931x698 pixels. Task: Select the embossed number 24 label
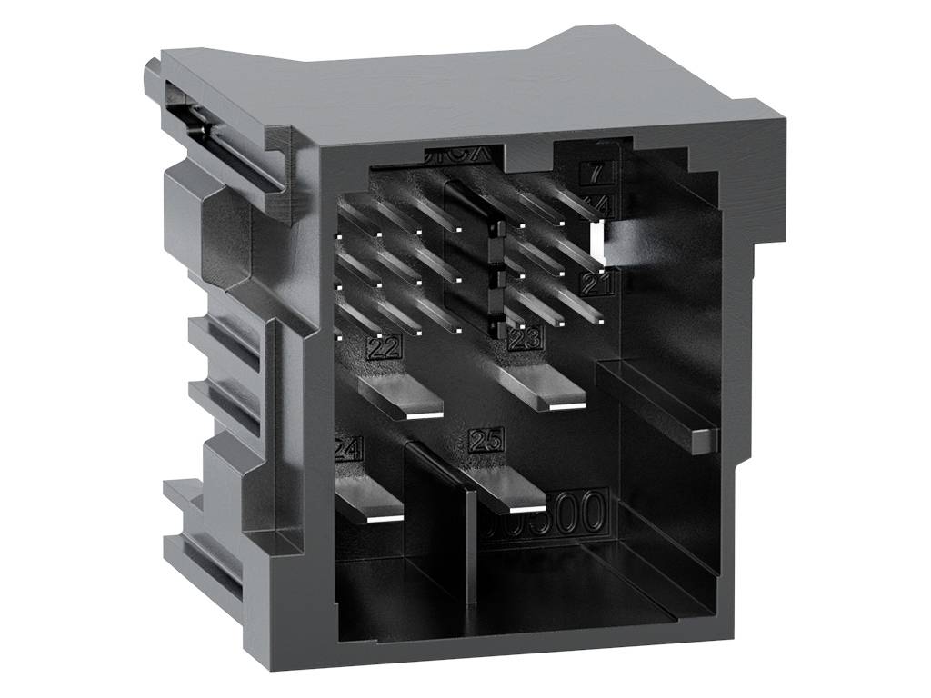349,448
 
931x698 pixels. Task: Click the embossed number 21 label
597,285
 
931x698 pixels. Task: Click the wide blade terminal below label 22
401,397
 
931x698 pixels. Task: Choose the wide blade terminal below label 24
368,503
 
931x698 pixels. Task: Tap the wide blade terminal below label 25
505,491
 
